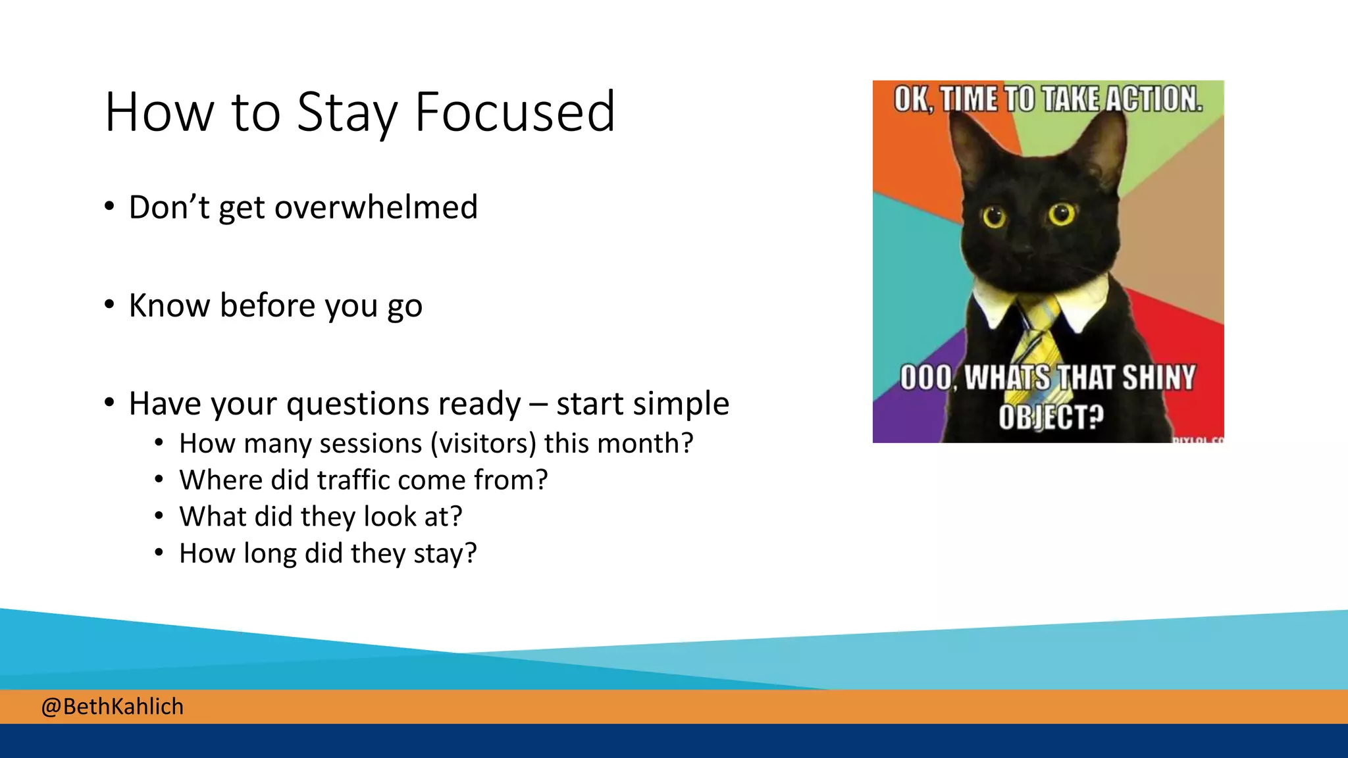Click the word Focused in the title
[515, 113]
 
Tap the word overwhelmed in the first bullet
[375, 207]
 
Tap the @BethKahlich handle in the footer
[112, 707]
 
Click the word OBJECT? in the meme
[1050, 417]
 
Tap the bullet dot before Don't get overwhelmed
[109, 207]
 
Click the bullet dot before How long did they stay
[159, 553]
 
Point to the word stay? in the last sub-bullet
[445, 553]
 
